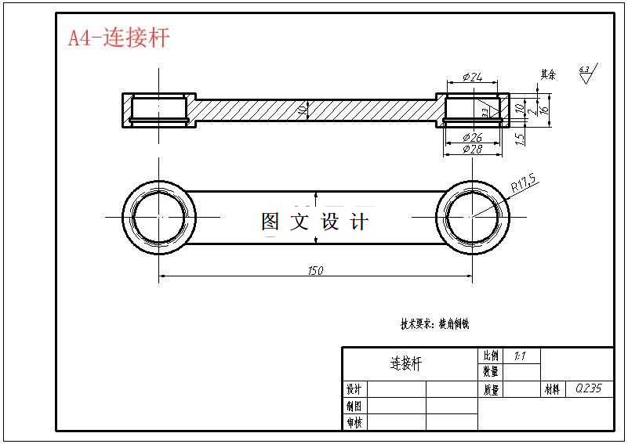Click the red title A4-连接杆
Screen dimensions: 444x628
[118, 38]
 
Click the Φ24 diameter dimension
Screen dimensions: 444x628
[473, 77]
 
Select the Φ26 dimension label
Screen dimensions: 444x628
[473, 137]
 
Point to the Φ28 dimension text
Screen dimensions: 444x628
[473, 148]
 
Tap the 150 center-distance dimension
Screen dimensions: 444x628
[315, 270]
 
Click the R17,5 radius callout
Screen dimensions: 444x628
[523, 185]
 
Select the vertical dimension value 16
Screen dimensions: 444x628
[543, 110]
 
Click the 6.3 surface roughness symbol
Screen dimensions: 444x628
[586, 73]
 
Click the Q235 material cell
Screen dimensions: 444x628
[588, 388]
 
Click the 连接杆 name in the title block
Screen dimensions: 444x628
[406, 363]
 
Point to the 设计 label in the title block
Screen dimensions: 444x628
[354, 389]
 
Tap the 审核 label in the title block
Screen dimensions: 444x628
[354, 423]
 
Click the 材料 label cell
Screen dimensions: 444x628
[553, 389]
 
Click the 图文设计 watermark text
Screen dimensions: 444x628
[314, 222]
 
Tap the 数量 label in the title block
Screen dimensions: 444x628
[490, 371]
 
